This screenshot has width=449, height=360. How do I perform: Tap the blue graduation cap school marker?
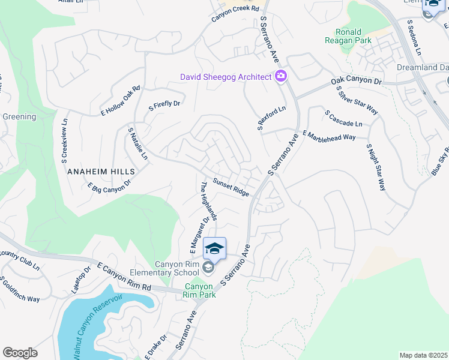pyautogui.click(x=214, y=248)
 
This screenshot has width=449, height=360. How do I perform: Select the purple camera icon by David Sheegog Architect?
pyautogui.click(x=280, y=76)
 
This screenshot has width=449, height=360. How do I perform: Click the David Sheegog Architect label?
pyautogui.click(x=225, y=77)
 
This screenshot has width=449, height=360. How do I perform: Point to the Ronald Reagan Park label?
pyautogui.click(x=349, y=36)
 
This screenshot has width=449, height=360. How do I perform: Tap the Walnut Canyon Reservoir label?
pyautogui.click(x=96, y=327)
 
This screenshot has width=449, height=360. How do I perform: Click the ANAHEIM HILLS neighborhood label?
pyautogui.click(x=101, y=171)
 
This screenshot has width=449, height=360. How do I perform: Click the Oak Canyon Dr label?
pyautogui.click(x=357, y=81)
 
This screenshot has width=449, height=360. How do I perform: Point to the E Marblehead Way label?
pyautogui.click(x=329, y=136)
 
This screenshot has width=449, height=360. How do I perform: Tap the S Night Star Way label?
pyautogui.click(x=376, y=167)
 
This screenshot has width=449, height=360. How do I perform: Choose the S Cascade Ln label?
pyautogui.click(x=343, y=118)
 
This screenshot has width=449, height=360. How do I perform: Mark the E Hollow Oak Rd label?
pyautogui.click(x=120, y=100)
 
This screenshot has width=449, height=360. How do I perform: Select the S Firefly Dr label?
pyautogui.click(x=164, y=104)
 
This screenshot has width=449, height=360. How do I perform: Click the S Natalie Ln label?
pyautogui.click(x=137, y=143)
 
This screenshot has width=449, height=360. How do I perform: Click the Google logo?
pyautogui.click(x=20, y=353)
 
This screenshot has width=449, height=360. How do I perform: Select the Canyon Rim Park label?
pyautogui.click(x=199, y=290)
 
